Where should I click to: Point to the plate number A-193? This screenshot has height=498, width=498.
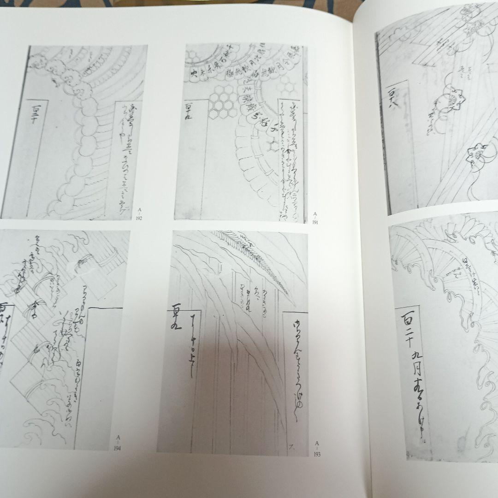coord(317,448)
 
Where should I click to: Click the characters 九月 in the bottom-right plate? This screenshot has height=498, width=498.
coord(417,362)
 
